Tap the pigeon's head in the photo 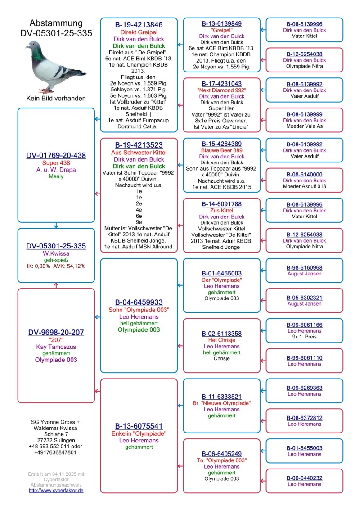coord(32,45)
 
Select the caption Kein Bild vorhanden coord(56,98)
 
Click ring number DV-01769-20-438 coord(56,155)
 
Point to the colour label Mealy coord(56,176)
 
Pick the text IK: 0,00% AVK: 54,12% coord(56,266)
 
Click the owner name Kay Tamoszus coord(56,347)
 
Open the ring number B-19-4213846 coord(139,25)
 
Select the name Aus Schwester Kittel coord(139,153)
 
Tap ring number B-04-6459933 coord(139,302)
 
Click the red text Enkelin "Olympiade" coord(139,433)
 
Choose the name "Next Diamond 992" coord(222,90)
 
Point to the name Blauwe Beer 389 coord(222,150)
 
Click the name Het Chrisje coord(222,340)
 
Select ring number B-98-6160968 coord(305,268)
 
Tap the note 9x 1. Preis coord(305,337)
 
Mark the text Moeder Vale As coord(305,126)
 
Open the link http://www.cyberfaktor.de coord(56,490)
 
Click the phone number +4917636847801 coord(56,452)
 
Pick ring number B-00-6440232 coord(305,478)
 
